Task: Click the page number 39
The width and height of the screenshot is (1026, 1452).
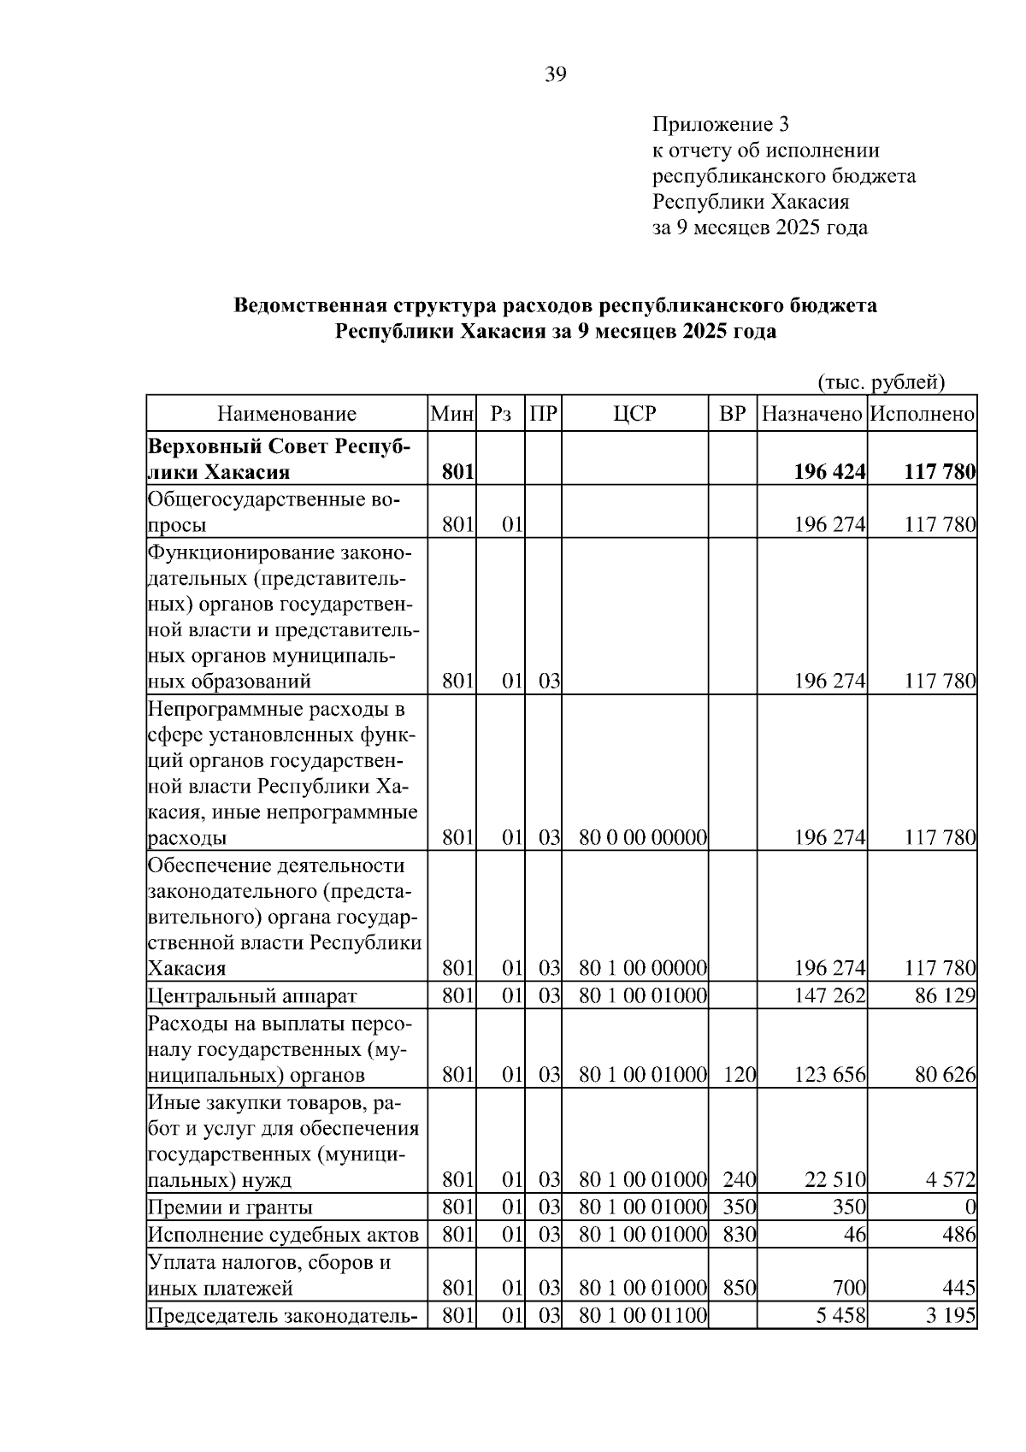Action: click(x=555, y=75)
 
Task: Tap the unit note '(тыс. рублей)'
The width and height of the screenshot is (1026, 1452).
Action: click(x=882, y=381)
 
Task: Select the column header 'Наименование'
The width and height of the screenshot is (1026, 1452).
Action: click(x=286, y=415)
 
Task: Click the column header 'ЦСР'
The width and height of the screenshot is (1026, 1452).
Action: click(x=634, y=415)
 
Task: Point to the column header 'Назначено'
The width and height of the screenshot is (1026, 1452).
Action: click(x=811, y=415)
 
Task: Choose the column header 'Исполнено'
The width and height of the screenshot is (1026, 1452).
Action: click(x=922, y=415)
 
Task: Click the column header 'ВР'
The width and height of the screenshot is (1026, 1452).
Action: click(x=732, y=415)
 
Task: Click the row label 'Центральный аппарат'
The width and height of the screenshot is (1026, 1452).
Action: click(x=252, y=996)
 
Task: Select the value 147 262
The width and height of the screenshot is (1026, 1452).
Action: click(x=829, y=996)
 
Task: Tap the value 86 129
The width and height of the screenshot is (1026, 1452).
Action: click(x=945, y=996)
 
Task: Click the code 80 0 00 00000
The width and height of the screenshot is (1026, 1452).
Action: click(x=643, y=838)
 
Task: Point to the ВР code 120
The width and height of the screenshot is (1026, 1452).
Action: click(x=739, y=1075)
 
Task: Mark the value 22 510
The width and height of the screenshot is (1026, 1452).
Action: click(x=835, y=1181)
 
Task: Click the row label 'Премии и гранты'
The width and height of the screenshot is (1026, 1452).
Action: click(x=230, y=1207)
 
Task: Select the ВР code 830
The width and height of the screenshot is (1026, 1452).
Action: click(x=739, y=1235)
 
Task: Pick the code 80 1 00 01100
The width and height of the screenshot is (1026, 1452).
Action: click(x=643, y=1315)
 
